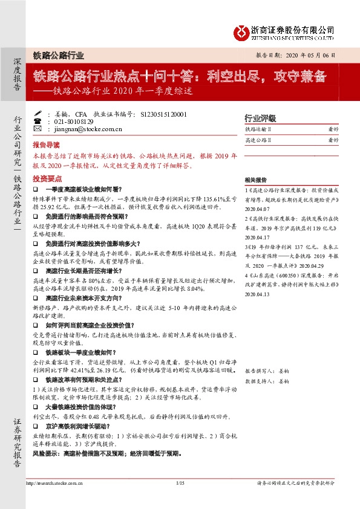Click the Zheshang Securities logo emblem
(x=242, y=32)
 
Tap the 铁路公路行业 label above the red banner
(x=59, y=55)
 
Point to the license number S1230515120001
(x=163, y=114)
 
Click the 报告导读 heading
(x=46, y=145)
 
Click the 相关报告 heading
(x=255, y=180)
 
